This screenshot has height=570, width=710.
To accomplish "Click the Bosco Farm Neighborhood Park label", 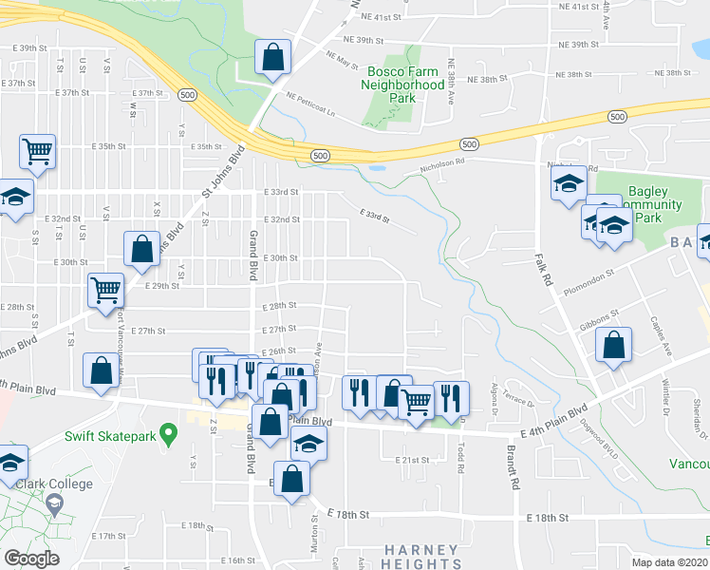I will click(402, 85).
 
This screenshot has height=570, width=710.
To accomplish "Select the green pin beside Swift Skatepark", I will click(168, 436).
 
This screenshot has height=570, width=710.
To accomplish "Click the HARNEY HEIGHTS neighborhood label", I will click(421, 557).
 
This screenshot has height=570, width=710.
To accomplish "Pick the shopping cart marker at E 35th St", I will click(38, 150).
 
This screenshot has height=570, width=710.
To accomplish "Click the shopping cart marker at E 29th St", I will click(105, 290).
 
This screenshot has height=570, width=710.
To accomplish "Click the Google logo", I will click(30, 559).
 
